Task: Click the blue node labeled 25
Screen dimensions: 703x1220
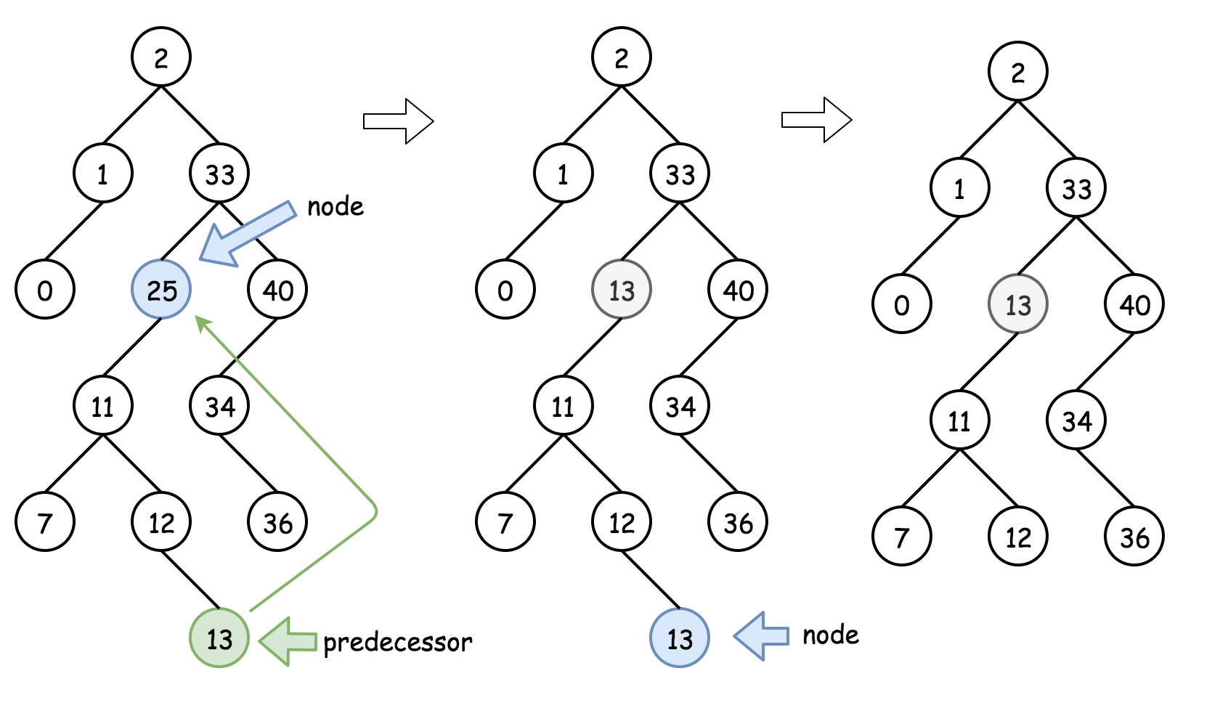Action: (x=161, y=289)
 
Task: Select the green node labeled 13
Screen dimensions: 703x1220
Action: (x=219, y=638)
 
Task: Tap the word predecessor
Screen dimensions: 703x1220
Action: (x=397, y=643)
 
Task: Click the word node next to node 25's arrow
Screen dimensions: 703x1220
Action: (x=335, y=207)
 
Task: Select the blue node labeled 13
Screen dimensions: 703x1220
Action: (x=680, y=638)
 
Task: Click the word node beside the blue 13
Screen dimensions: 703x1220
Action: (x=830, y=635)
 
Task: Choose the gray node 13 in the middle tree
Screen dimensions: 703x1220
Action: (x=622, y=289)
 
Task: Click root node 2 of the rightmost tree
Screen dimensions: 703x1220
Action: (x=1018, y=71)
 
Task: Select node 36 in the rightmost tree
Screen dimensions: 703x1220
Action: (x=1134, y=536)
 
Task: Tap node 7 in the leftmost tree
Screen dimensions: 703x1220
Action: (x=45, y=521)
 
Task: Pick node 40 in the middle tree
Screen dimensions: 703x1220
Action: (x=738, y=289)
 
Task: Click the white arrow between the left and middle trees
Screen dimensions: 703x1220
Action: (x=398, y=121)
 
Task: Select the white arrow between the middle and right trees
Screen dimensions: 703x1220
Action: (x=816, y=120)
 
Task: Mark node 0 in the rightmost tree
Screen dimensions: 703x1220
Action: (x=902, y=304)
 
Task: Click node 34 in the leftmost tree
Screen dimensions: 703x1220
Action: (x=219, y=405)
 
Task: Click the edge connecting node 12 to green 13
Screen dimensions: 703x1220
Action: (x=190, y=580)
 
